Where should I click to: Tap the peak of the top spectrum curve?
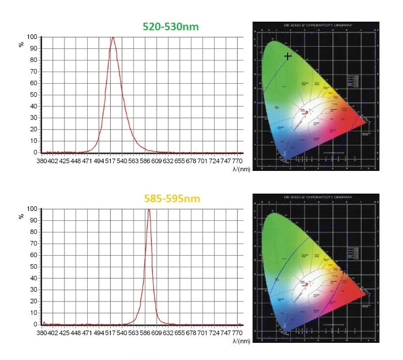tap(113, 37)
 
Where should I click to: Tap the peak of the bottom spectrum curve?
tap(149, 209)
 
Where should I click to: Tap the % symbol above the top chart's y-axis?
tap(22, 44)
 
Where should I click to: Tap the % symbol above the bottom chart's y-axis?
tap(22, 216)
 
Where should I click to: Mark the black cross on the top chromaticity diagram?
tap(288, 56)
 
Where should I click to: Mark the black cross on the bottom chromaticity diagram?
tap(344, 271)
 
